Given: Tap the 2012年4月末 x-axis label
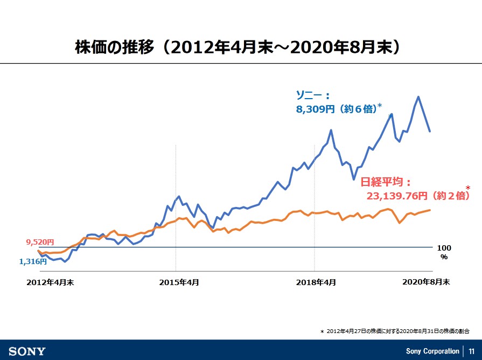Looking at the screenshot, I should click(x=50, y=282).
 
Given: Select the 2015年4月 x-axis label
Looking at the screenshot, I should click(x=179, y=282).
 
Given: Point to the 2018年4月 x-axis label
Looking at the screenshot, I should click(x=316, y=282).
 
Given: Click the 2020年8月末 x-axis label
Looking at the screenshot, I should click(x=426, y=282).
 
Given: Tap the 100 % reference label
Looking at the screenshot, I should click(x=444, y=252).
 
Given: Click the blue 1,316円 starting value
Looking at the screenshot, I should click(x=33, y=261).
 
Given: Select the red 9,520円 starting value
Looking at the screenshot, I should click(x=40, y=243).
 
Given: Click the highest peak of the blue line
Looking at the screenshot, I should click(x=418, y=97).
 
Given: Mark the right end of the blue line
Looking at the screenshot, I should click(x=429, y=131).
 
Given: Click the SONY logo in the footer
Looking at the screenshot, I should click(x=27, y=351).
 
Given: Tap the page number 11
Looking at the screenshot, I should click(x=471, y=351).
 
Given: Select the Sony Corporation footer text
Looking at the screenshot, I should click(x=432, y=351).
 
